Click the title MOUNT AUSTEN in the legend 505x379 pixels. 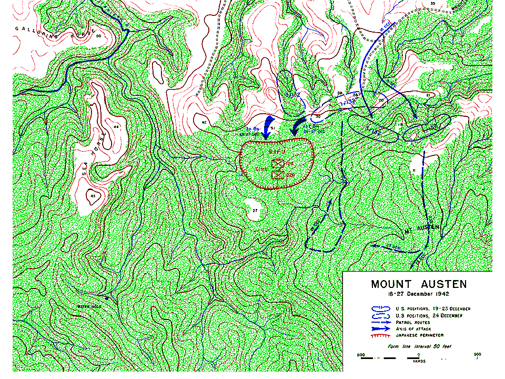coord(418,284)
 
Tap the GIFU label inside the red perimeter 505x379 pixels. coord(277,152)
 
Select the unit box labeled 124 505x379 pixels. coord(277,164)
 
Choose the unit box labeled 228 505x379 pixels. coord(277,174)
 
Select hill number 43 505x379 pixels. coord(93,196)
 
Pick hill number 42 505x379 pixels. coord(204,122)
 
